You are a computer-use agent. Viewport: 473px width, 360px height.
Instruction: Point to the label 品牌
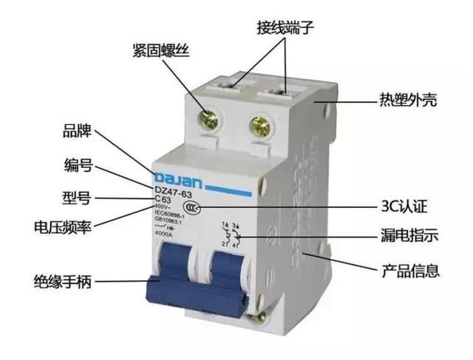click(x=78, y=134)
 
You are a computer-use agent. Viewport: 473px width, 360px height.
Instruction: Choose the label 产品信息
click(x=409, y=270)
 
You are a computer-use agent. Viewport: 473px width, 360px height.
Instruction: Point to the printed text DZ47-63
click(x=171, y=191)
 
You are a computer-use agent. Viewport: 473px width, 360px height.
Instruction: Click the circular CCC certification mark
click(x=191, y=210)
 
